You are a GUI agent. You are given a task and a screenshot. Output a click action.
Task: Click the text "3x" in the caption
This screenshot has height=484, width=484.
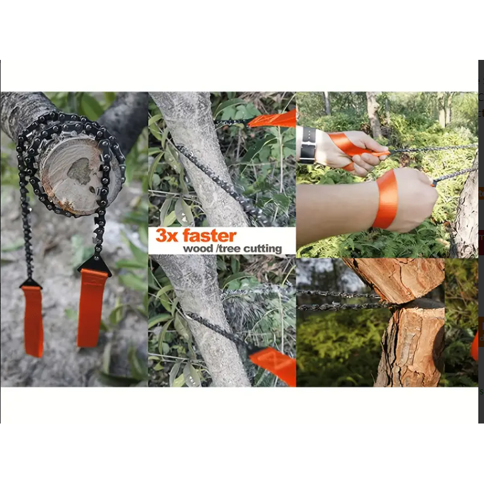pyautogui.click(x=167, y=235)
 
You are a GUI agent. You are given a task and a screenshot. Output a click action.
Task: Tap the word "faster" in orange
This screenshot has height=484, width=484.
pyautogui.click(x=210, y=235)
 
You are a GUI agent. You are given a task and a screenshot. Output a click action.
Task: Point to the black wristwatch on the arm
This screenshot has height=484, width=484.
pyautogui.click(x=307, y=145)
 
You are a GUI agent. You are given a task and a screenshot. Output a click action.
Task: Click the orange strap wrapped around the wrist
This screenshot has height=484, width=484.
pyautogui.click(x=385, y=200)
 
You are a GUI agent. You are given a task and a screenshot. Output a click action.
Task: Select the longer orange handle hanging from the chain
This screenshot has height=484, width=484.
pyautogui.click(x=90, y=308)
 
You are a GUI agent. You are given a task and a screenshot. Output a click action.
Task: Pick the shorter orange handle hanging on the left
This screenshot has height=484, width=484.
pyautogui.click(x=33, y=321)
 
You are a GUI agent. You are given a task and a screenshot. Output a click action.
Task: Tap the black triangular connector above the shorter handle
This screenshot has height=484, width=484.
pyautogui.click(x=31, y=283)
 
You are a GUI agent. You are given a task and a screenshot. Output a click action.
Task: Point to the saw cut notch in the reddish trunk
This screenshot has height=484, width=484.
pyautogui.click(x=414, y=305)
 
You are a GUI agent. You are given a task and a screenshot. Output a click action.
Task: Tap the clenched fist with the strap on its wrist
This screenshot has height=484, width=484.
pyautogui.click(x=411, y=199)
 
